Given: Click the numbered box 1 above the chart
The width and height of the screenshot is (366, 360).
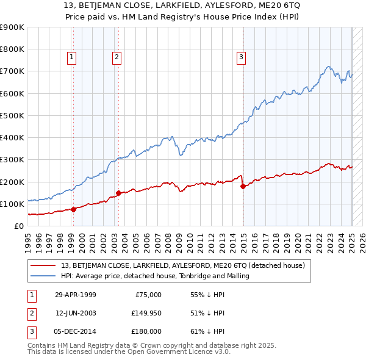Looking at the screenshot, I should [x=72, y=58].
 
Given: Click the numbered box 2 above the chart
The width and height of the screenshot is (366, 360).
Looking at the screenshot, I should [x=116, y=58].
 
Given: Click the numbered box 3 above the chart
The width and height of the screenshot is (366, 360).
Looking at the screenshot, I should [x=241, y=58].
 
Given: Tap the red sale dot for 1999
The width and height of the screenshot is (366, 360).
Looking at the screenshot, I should [x=73, y=209].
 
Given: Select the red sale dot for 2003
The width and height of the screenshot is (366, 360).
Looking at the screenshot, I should [x=118, y=193].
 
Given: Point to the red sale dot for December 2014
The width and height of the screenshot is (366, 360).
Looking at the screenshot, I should [x=243, y=186].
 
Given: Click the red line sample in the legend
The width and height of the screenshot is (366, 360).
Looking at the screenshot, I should [x=43, y=265].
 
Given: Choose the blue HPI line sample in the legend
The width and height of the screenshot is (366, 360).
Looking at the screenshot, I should [x=43, y=276].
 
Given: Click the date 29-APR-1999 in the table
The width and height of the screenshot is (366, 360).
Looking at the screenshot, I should [x=75, y=295].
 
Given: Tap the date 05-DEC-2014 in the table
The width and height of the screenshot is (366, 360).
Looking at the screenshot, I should [x=76, y=331].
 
